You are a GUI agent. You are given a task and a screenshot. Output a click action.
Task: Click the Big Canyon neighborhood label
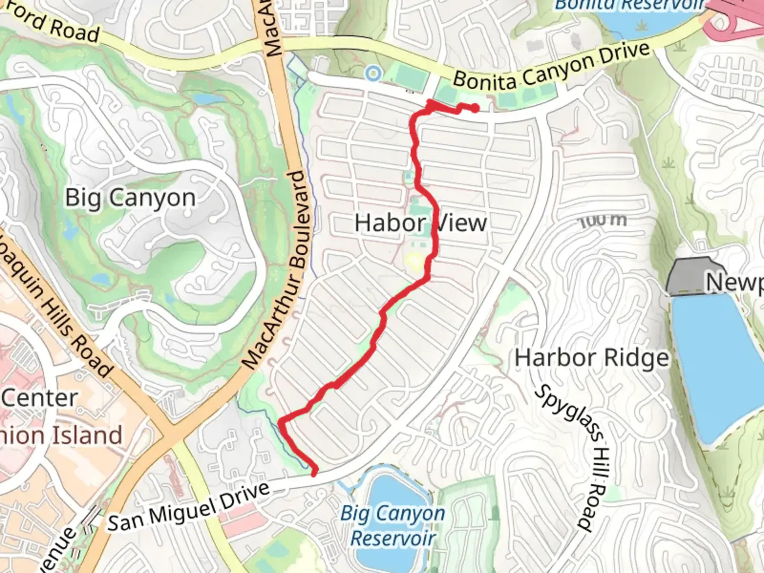131,198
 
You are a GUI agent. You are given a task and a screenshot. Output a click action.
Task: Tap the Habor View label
420,223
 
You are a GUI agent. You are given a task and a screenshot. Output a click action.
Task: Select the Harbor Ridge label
592,358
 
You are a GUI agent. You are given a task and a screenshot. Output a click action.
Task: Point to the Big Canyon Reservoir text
393,525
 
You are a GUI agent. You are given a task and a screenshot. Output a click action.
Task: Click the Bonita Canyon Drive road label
552,67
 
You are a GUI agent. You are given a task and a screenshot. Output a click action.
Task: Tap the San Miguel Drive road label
189,507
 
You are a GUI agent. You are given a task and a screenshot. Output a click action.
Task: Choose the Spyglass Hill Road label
570,456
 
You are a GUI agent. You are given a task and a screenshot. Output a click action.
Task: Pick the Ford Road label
53,24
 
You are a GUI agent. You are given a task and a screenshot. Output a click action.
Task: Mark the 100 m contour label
603,220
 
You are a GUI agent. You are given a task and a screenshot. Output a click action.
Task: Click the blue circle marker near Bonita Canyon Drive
374,73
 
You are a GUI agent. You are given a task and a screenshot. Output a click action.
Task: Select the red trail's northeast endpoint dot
475,108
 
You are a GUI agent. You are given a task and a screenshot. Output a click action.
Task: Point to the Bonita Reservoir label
629,5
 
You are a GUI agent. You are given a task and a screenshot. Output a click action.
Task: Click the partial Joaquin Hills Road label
56,305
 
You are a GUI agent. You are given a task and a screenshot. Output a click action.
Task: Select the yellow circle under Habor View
414,261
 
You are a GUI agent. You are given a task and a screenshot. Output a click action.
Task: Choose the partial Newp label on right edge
735,282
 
